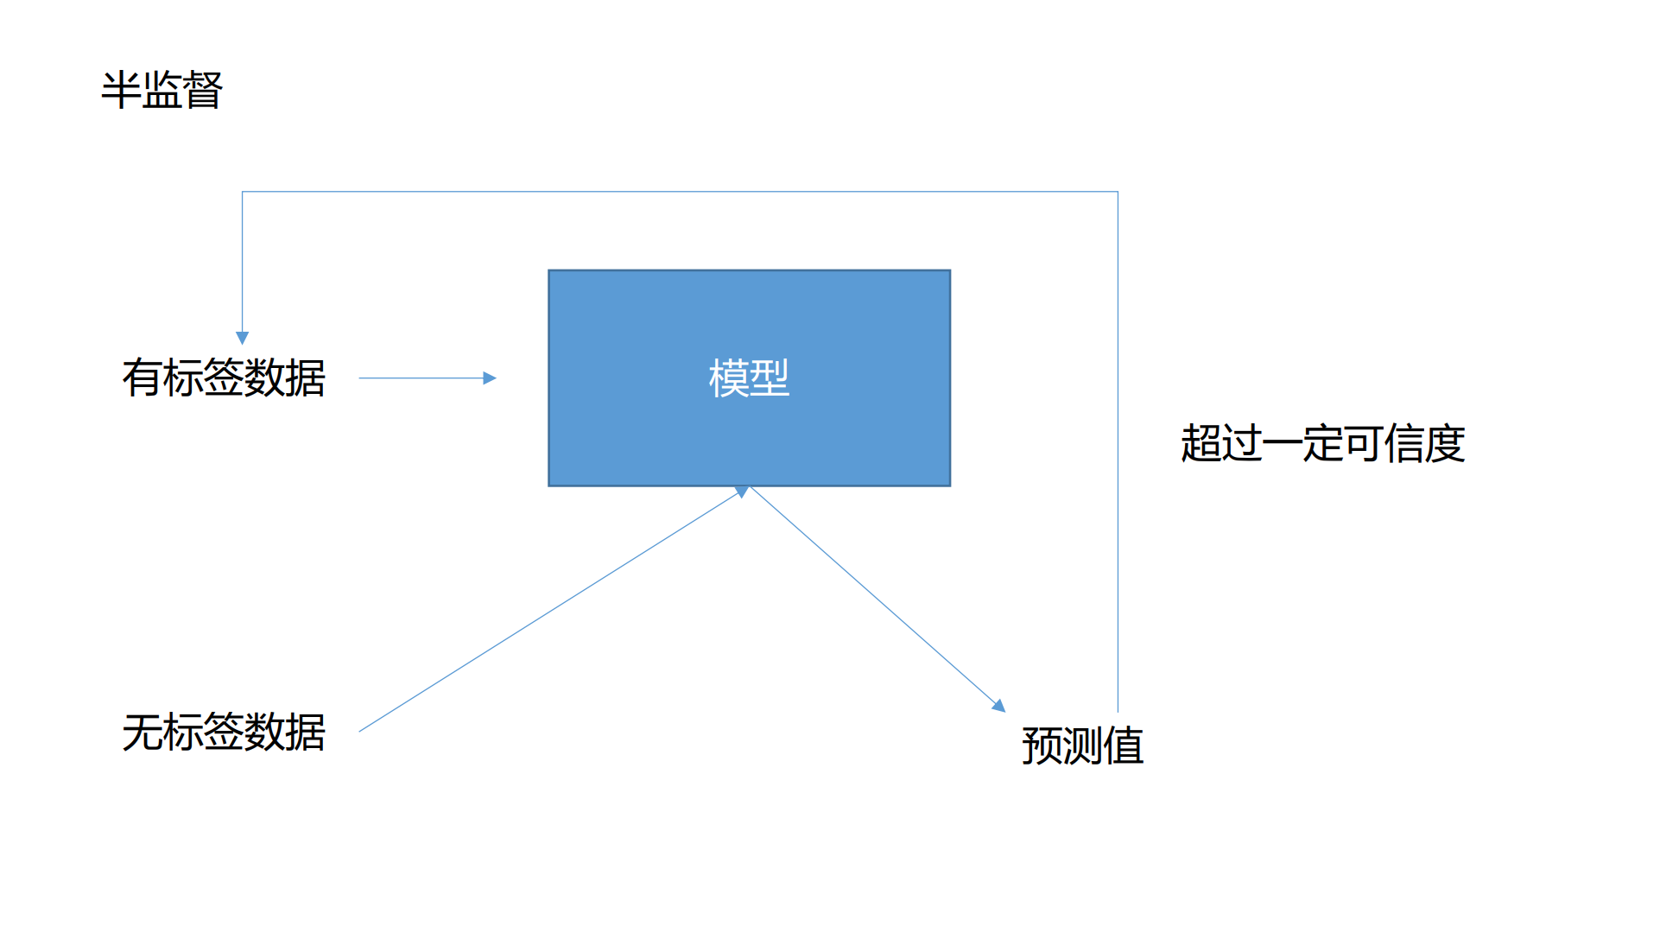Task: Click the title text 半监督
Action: click(x=162, y=90)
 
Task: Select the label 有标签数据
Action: click(x=224, y=378)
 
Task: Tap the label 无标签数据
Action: click(x=224, y=733)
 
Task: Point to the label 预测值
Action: click(x=1082, y=745)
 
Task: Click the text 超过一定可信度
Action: click(x=1322, y=444)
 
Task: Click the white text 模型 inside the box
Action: click(x=749, y=378)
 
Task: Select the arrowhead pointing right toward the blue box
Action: click(x=490, y=378)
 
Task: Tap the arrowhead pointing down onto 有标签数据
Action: click(x=243, y=338)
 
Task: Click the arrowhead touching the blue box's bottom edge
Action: click(x=741, y=492)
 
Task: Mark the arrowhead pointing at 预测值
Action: click(x=999, y=706)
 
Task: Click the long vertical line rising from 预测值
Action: click(x=1118, y=449)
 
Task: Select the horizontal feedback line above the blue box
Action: click(x=680, y=192)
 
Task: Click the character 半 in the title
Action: click(x=121, y=90)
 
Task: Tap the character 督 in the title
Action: click(x=203, y=90)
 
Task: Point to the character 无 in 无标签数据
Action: click(x=143, y=733)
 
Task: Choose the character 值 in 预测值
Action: click(x=1124, y=745)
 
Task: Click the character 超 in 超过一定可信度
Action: click(x=1201, y=444)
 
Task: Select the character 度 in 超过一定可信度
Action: click(x=1445, y=444)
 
